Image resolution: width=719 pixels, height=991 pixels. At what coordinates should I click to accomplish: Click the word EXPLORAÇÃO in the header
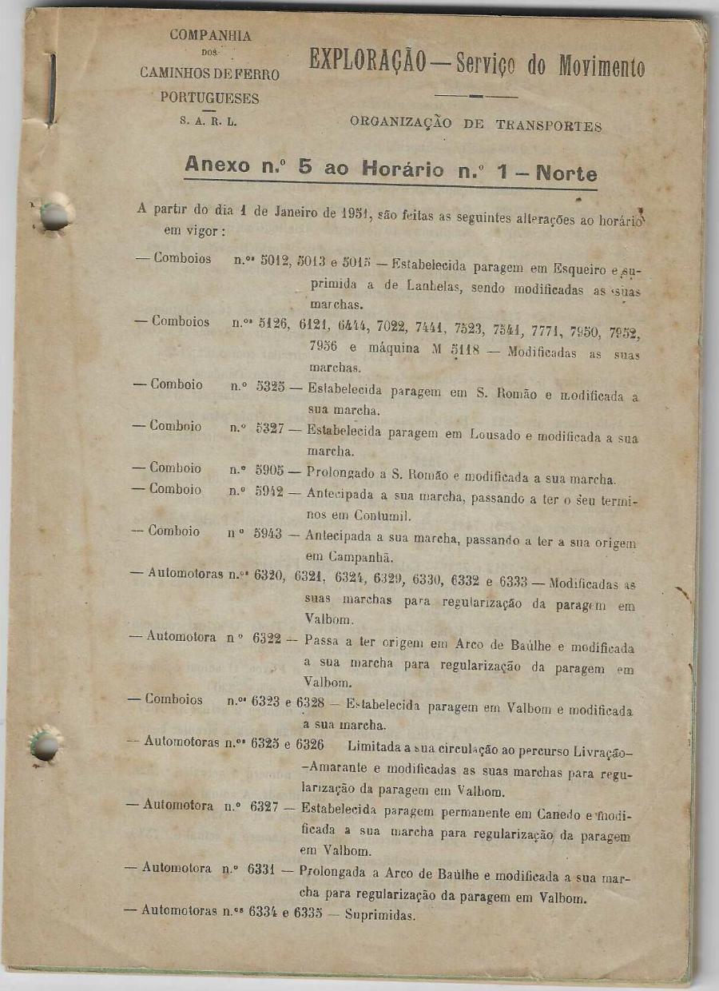click(367, 62)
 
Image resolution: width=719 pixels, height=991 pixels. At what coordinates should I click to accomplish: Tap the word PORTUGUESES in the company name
click(209, 98)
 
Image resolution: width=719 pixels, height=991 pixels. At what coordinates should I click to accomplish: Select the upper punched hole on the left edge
click(54, 216)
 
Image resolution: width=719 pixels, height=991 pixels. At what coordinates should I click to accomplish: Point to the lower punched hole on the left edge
click(45, 746)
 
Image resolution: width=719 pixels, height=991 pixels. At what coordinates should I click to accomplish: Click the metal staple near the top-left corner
click(52, 88)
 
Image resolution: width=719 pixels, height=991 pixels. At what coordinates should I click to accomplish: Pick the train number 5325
click(270, 387)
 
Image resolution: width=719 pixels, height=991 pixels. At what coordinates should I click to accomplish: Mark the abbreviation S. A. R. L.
click(209, 123)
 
